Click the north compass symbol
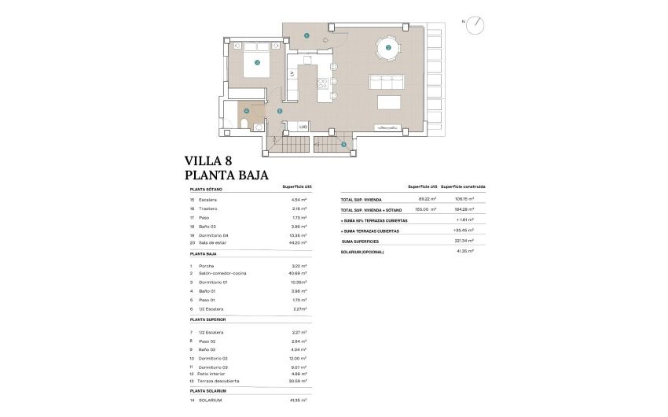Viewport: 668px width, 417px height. coord(475,26)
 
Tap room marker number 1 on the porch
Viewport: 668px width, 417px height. coord(306,35)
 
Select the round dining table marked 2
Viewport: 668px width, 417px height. coord(387,49)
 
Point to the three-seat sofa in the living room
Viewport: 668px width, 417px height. coord(386,83)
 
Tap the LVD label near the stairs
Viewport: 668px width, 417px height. coord(302,126)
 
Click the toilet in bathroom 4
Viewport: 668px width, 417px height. coord(244,126)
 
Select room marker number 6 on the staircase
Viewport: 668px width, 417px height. coord(343,144)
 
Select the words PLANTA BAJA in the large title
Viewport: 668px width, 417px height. coord(227,175)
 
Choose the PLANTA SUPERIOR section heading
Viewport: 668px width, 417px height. coord(208,320)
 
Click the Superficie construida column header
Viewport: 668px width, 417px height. coord(463,186)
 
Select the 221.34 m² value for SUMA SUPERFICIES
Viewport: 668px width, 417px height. coord(466,241)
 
